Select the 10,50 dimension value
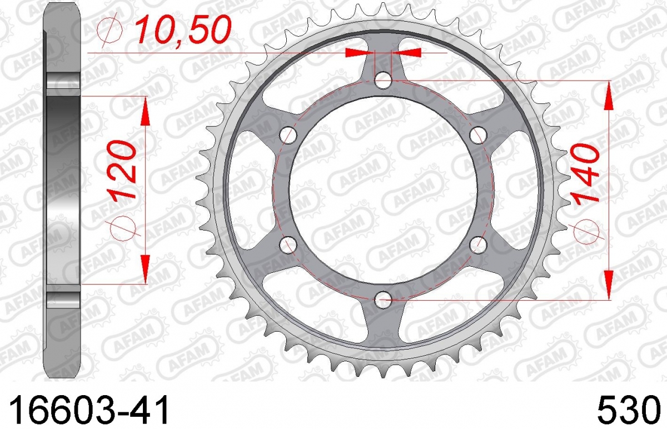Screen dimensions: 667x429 182,30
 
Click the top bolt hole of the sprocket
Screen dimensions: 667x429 383,80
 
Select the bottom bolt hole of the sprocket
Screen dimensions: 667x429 383,300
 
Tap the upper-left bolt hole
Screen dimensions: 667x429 288,135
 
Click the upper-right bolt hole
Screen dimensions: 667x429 478,135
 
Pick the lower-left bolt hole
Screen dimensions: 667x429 288,245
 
